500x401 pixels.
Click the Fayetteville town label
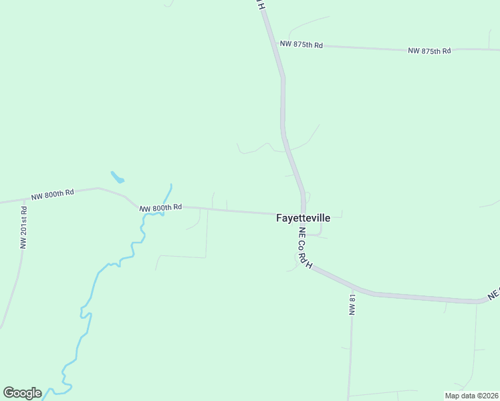coord(303,218)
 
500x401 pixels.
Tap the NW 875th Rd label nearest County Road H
coord(301,45)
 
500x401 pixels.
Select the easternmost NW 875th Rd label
coord(429,51)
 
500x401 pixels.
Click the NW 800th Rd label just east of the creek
coord(161,208)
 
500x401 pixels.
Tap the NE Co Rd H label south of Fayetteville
coord(305,249)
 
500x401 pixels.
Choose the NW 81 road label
coord(351,304)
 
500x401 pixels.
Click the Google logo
coord(22,393)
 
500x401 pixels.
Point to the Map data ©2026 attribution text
coord(471,395)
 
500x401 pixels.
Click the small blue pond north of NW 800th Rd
coord(117,177)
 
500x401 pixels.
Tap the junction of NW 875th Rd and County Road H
coord(276,43)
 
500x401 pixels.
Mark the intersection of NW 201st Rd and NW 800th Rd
coord(25,199)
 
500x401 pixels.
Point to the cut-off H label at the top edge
coord(262,4)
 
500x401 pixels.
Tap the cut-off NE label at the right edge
coord(493,293)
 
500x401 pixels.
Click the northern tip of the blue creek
coord(171,184)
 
